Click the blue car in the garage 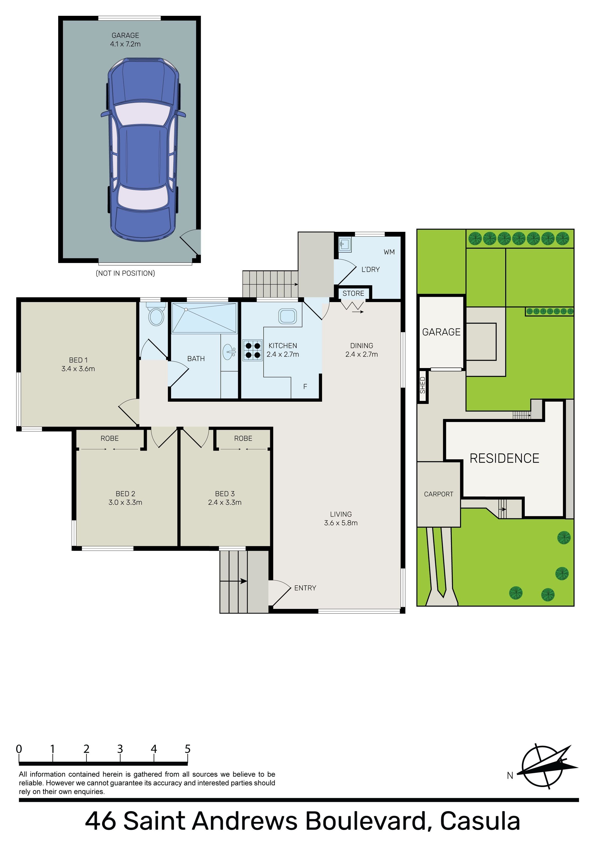(143, 150)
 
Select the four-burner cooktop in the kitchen (252, 350)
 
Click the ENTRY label (305, 588)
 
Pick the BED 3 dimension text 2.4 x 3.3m (225, 503)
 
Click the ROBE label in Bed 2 (110, 438)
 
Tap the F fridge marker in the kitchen (305, 387)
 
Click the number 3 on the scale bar (120, 749)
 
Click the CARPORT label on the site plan (439, 494)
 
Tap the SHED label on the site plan (423, 385)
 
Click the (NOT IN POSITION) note (125, 273)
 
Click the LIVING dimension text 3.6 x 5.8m (341, 523)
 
